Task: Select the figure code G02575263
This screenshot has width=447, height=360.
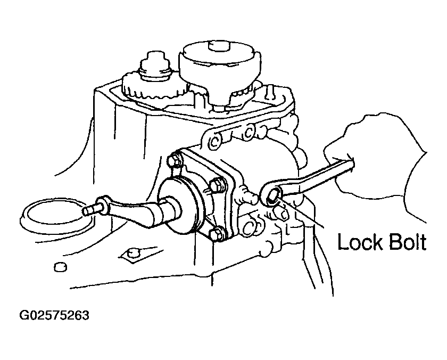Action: [54, 315]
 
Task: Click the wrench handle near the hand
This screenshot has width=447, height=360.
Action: [317, 178]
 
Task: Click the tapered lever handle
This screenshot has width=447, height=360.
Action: [128, 211]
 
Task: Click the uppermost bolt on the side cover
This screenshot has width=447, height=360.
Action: [175, 161]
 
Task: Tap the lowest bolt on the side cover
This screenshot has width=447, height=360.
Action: [217, 234]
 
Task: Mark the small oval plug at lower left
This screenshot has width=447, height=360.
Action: [61, 267]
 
